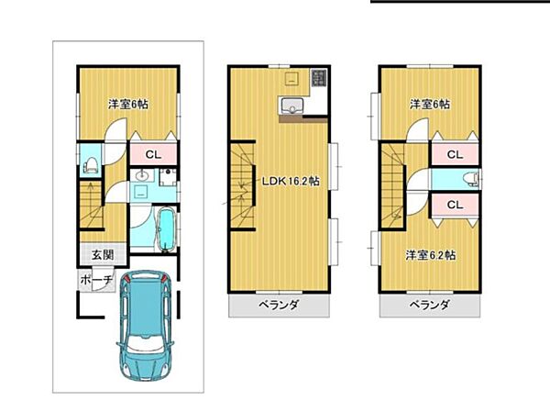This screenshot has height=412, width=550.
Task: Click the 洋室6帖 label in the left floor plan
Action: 128,104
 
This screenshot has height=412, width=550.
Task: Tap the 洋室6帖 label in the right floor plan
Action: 429,104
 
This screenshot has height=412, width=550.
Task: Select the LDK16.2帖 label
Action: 291,181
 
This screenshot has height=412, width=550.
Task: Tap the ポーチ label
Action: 96,280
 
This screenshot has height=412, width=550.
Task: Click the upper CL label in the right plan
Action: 454,154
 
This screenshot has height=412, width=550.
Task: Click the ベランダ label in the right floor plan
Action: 428,305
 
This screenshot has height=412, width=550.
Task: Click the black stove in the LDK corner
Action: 319,80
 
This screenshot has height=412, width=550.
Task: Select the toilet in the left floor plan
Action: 90,165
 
